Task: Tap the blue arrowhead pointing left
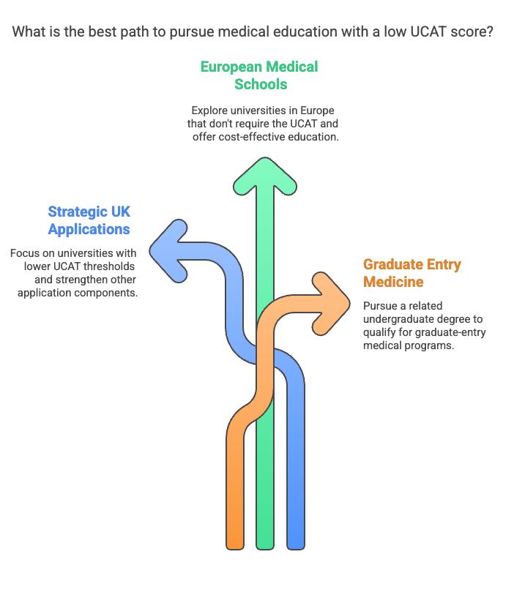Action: click(168, 251)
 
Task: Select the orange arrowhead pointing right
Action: click(331, 304)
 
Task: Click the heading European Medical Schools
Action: click(259, 75)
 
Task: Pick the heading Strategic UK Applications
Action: click(89, 220)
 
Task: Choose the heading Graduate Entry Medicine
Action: click(412, 272)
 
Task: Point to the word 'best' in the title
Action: click(103, 31)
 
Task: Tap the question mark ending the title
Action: click(490, 31)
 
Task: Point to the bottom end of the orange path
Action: click(235, 548)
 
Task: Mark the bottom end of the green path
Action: click(265, 548)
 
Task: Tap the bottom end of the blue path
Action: click(296, 548)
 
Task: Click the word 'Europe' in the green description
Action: click(318, 111)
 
